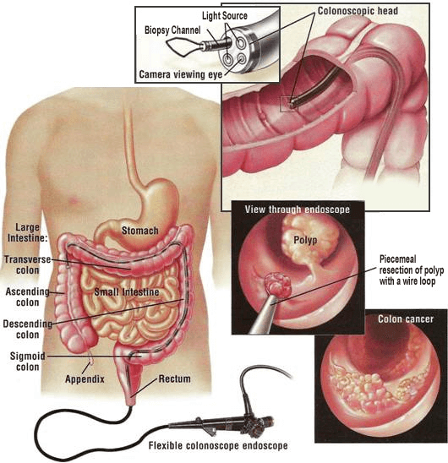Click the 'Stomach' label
click(x=140, y=231)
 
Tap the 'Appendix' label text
click(x=85, y=379)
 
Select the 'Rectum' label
click(x=174, y=379)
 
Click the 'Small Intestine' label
click(x=127, y=292)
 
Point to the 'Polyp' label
click(x=305, y=240)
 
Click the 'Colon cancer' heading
click(x=406, y=319)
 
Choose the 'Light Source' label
click(x=225, y=16)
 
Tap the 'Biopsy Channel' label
click(x=172, y=30)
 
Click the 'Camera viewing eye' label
click(x=181, y=74)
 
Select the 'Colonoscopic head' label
click(x=358, y=11)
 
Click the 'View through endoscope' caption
click(x=298, y=210)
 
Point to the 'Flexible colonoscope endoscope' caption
click(x=218, y=445)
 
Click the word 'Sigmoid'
click(x=28, y=356)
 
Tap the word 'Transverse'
click(x=28, y=259)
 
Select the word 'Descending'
click(x=28, y=324)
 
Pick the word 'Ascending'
click(x=28, y=291)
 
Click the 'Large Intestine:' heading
click(x=28, y=232)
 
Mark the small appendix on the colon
click(x=91, y=357)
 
